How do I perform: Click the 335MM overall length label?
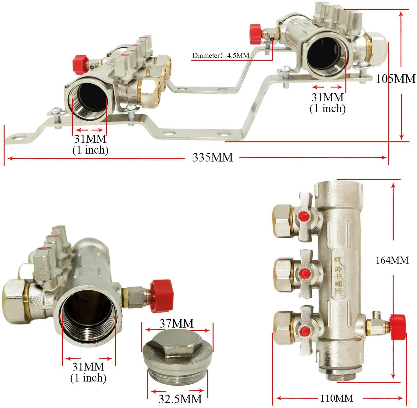click(x=213, y=158)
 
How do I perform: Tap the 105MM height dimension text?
click(x=396, y=79)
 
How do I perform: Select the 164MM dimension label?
click(x=392, y=260)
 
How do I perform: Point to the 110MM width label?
click(x=337, y=398)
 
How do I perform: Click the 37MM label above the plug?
click(x=177, y=323)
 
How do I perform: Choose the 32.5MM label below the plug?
click(x=180, y=399)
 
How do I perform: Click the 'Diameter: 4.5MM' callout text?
click(x=221, y=56)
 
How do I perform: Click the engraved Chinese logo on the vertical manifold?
click(x=339, y=277)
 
